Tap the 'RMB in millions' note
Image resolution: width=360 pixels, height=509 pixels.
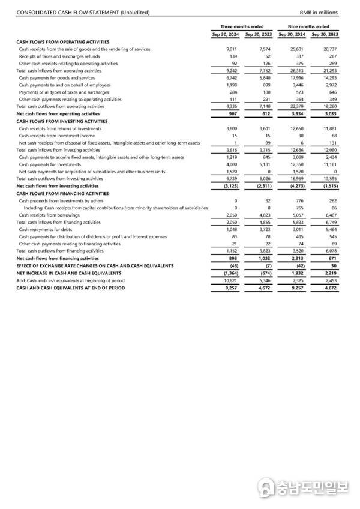319,13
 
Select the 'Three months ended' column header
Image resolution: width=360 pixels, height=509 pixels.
242,26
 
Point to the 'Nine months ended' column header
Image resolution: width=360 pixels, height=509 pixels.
309,26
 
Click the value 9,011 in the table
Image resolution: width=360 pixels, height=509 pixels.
232,49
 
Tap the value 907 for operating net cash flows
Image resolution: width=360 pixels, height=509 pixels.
233,113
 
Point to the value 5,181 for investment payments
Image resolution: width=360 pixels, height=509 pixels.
265,164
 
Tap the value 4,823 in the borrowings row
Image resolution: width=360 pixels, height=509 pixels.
265,215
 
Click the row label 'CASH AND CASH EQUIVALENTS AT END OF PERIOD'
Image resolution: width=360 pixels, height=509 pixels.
70,288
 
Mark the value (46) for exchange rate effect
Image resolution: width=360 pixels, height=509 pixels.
232,265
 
